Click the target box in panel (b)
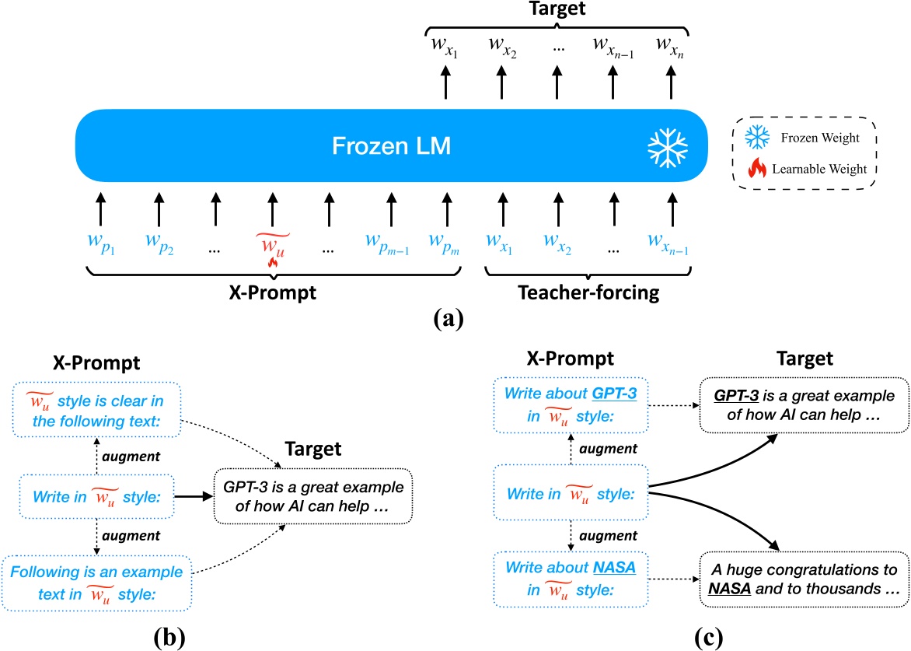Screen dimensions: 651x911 point(313,496)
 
